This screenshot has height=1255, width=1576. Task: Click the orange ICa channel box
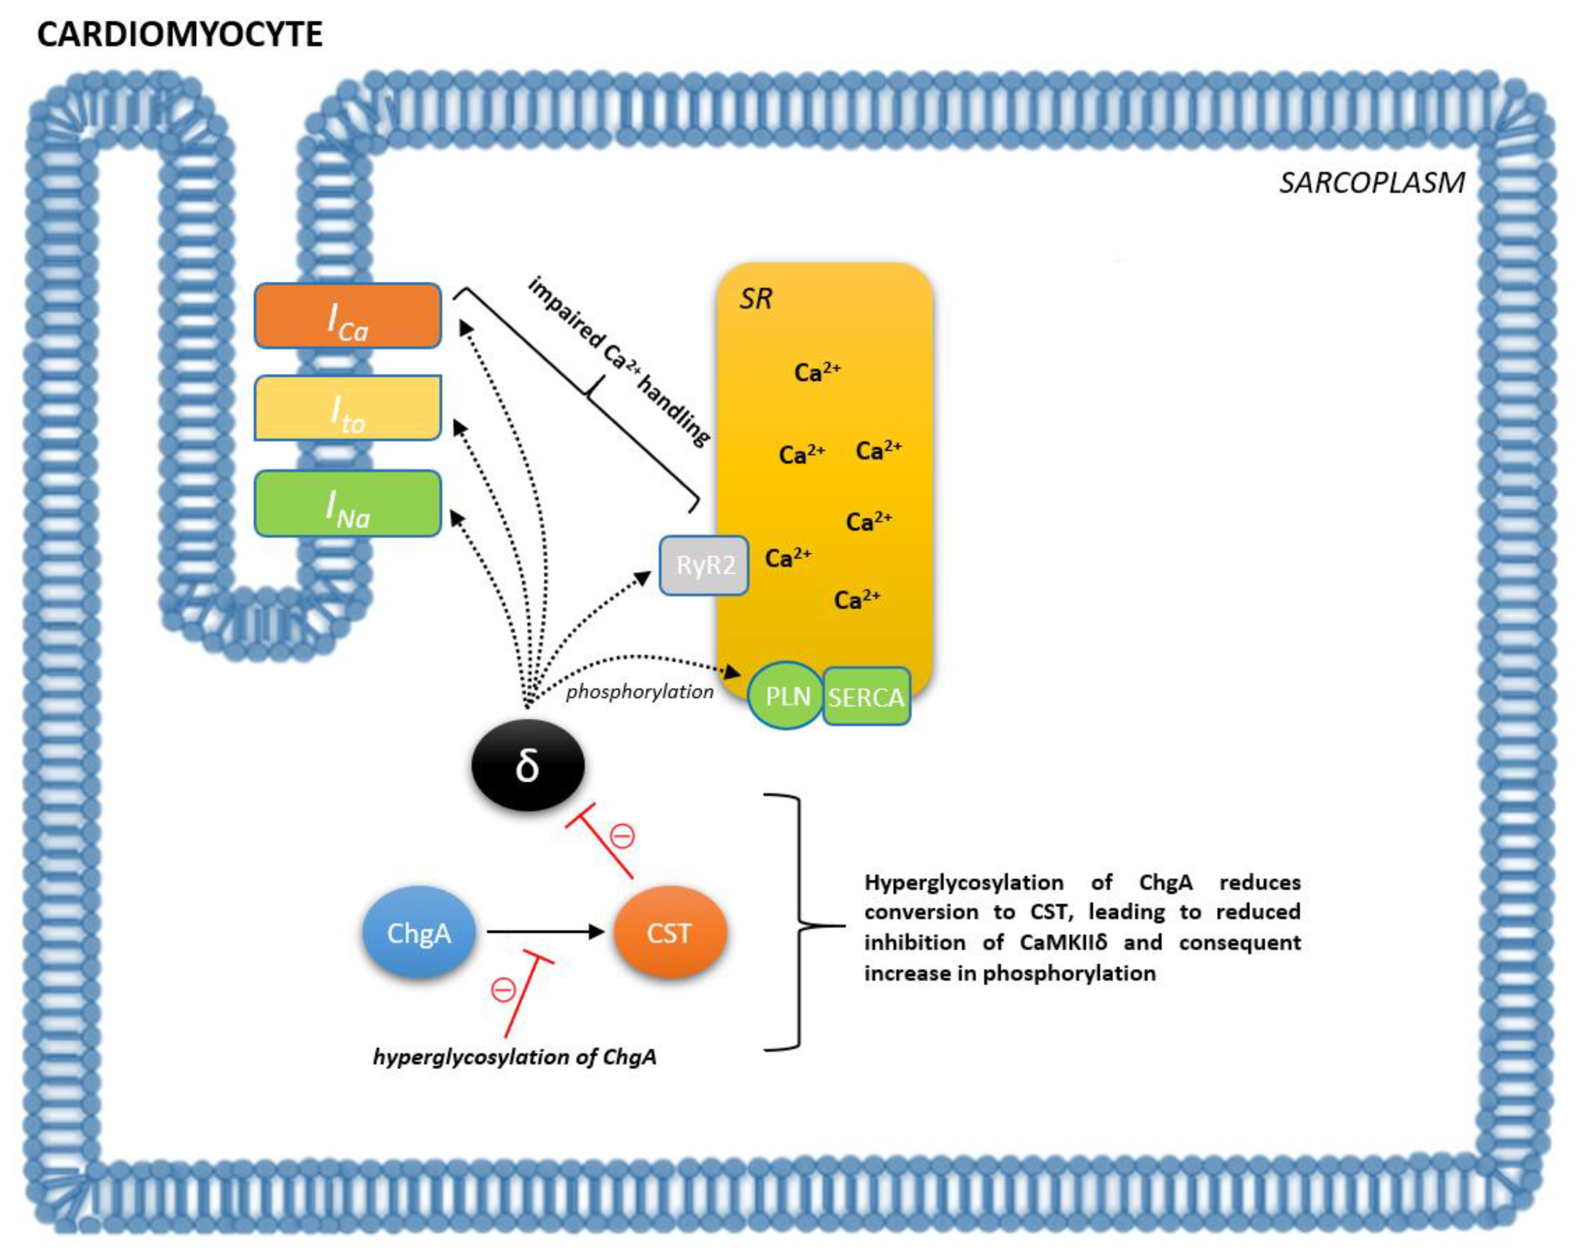[x=347, y=315]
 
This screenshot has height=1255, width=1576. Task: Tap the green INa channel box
[x=347, y=503]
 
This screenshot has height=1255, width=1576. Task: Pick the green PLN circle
[x=786, y=695]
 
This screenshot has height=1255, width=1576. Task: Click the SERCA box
[x=866, y=696]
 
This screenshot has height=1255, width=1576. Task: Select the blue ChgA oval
[x=419, y=932]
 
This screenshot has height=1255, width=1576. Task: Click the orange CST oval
[x=669, y=932]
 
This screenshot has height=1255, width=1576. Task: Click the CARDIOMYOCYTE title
[x=180, y=34]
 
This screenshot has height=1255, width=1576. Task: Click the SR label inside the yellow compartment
[x=755, y=298]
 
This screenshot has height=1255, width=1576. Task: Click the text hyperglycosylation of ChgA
[x=515, y=1057]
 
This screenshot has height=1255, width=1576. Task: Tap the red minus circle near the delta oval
[x=623, y=835]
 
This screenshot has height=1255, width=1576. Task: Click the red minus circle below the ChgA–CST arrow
[x=504, y=990]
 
